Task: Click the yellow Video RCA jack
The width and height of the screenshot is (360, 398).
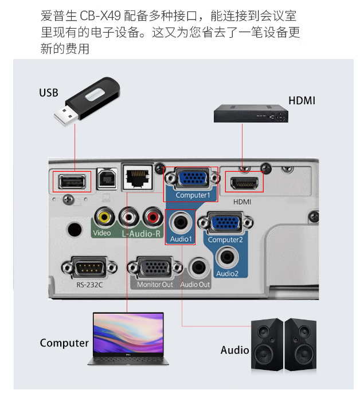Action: [104, 217]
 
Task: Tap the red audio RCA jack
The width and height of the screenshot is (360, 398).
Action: [152, 217]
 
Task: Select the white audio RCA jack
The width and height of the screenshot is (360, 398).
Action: [129, 217]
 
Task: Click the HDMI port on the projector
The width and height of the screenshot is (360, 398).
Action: [244, 183]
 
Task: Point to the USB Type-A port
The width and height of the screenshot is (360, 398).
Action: [72, 182]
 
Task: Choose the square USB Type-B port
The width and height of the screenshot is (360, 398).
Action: [107, 179]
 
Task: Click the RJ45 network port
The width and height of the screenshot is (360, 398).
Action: [138, 177]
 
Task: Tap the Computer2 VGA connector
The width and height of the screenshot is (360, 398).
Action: [225, 223]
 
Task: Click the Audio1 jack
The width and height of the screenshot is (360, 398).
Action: [181, 222]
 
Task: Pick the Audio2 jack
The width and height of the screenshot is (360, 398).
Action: [228, 257]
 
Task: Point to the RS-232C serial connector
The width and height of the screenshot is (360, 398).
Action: [89, 267]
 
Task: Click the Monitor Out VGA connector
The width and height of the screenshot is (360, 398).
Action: [155, 267]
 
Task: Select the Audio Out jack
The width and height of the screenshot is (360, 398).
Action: [198, 268]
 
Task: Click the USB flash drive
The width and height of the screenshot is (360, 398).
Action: [87, 101]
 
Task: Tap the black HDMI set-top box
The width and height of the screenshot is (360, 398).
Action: [251, 113]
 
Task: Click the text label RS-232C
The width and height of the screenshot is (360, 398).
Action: [89, 285]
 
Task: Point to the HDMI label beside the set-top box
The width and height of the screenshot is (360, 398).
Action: [302, 101]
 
